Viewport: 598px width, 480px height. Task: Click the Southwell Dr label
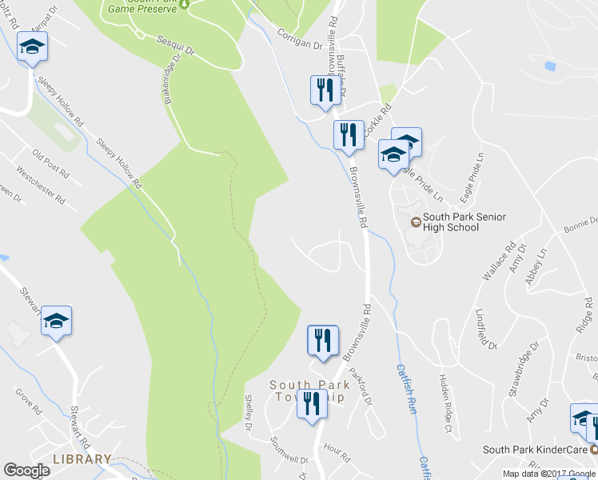click(289, 439)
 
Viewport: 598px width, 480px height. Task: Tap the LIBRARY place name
click(82, 459)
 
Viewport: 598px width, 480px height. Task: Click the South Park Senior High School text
click(452, 222)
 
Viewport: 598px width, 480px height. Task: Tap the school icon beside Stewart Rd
click(56, 321)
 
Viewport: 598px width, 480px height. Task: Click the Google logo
click(26, 470)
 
